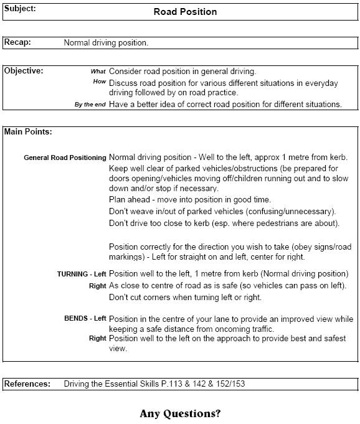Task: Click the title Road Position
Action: click(185, 12)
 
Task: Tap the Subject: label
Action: click(20, 9)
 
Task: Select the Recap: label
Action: click(17, 43)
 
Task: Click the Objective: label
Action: click(24, 71)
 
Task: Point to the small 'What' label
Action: click(98, 72)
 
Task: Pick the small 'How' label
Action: click(100, 82)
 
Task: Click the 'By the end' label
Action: click(90, 105)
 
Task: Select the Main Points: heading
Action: click(28, 132)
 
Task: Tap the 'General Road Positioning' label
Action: click(65, 158)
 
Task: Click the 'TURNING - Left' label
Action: click(82, 274)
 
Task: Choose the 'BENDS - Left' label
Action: click(85, 319)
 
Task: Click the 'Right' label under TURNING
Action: click(97, 286)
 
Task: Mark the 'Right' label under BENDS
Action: click(97, 339)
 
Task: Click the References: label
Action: click(27, 384)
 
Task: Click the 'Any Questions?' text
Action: click(180, 413)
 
